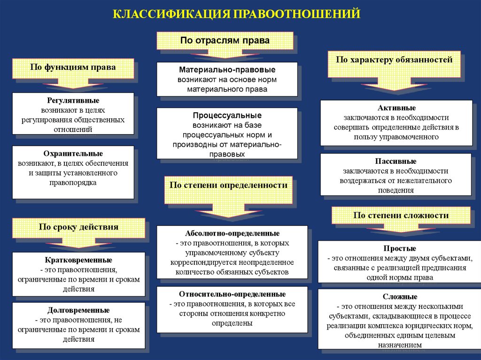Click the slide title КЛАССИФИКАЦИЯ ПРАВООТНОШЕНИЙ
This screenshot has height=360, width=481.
pyautogui.click(x=236, y=13)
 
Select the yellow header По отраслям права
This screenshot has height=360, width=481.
pyautogui.click(x=225, y=40)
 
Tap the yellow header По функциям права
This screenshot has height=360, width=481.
pyautogui.click(x=73, y=68)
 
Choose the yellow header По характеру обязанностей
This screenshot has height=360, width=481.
pyautogui.click(x=394, y=60)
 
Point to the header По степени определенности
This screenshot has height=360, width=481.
pyautogui.click(x=228, y=185)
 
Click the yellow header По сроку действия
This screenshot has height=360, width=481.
pyautogui.click(x=78, y=227)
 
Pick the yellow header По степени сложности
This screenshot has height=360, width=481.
pyautogui.click(x=401, y=215)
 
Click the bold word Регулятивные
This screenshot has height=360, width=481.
pyautogui.click(x=73, y=100)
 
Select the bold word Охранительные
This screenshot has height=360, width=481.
pyautogui.click(x=73, y=153)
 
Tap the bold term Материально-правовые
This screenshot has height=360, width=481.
pyautogui.click(x=227, y=69)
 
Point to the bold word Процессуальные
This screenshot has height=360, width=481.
pyautogui.click(x=227, y=115)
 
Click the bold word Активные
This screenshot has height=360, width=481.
pyautogui.click(x=396, y=108)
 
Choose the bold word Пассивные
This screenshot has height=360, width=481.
pyautogui.click(x=396, y=161)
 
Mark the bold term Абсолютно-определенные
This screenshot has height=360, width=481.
pyautogui.click(x=233, y=233)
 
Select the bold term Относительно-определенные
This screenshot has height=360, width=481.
pyautogui.click(x=233, y=294)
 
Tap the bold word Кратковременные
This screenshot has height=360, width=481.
pyautogui.click(x=78, y=260)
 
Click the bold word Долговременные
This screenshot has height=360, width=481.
pyautogui.click(x=78, y=310)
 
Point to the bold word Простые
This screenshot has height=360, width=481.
pyautogui.click(x=400, y=248)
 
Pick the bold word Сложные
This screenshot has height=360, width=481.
pyautogui.click(x=400, y=297)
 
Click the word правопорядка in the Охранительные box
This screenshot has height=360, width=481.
pyautogui.click(x=73, y=183)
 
